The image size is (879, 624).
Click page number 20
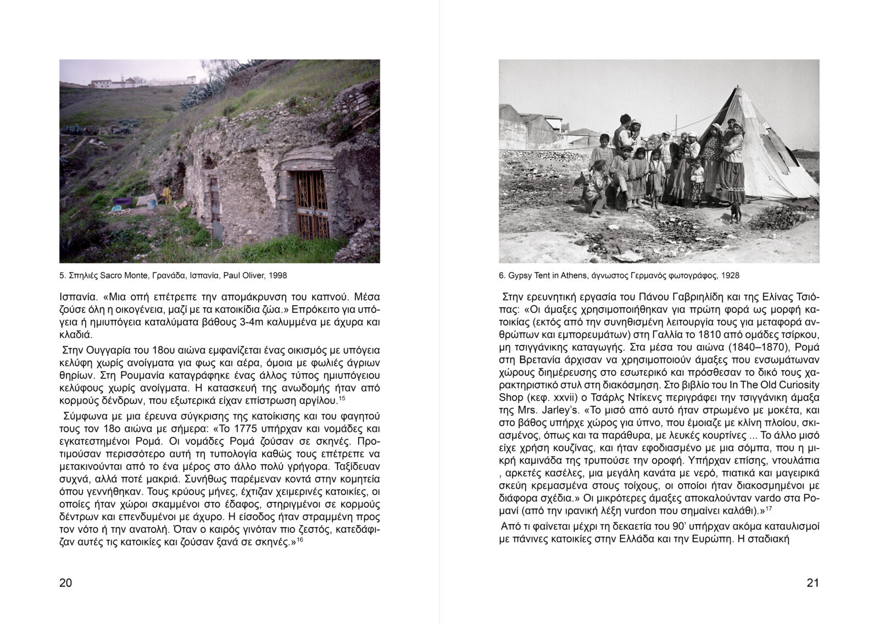pos(65,583)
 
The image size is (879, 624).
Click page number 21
pos(813,583)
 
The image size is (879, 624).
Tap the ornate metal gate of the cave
pos(311,203)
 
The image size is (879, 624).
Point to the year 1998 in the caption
pos(277,275)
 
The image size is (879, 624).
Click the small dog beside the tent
pos(735,212)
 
